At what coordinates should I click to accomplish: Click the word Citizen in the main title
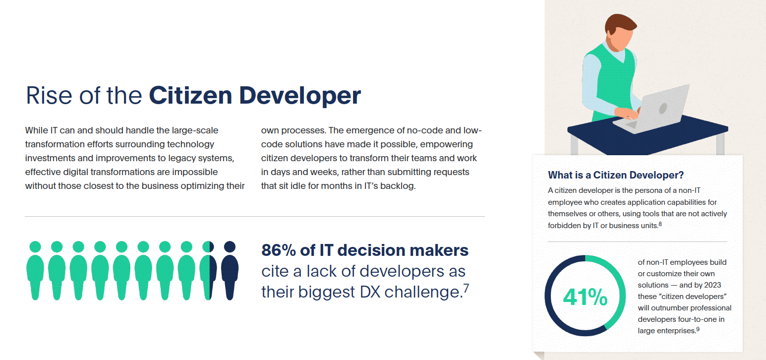tap(190, 95)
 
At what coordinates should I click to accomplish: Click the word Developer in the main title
tap(300, 96)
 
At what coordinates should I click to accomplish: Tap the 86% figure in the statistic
tap(279, 250)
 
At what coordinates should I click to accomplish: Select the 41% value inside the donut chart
tap(585, 297)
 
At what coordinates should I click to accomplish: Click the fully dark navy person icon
tap(230, 270)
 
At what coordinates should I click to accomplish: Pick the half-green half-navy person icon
tap(208, 270)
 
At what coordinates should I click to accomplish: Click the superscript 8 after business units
tap(660, 224)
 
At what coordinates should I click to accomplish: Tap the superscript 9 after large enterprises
tap(698, 329)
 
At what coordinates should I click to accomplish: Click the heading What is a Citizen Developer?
tap(616, 175)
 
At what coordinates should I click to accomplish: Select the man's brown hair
tap(619, 23)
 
